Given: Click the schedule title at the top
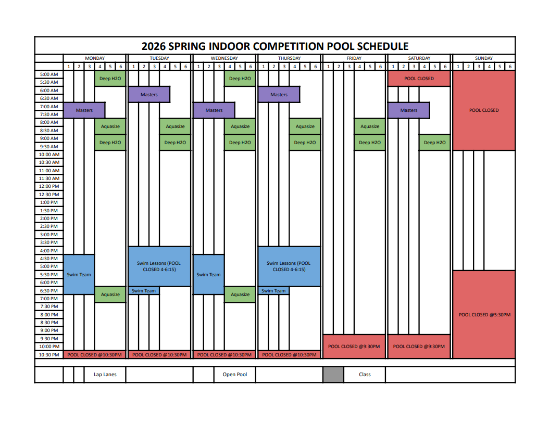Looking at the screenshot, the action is (x=275, y=46).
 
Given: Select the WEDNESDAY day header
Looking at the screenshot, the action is (x=224, y=58).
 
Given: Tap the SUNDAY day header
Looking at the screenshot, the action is (x=484, y=58).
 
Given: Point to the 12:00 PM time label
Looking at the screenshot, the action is (x=49, y=186).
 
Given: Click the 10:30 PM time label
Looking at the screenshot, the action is (x=49, y=355).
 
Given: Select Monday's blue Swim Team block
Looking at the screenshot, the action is (x=79, y=275).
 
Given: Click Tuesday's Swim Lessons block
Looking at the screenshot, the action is (x=159, y=266).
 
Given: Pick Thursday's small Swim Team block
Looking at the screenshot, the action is (x=273, y=291).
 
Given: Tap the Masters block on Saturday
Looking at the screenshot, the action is (x=408, y=110).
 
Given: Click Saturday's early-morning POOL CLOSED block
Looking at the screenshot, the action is (x=419, y=79).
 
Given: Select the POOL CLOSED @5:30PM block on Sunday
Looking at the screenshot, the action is (x=484, y=314).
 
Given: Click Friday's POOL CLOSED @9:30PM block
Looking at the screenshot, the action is (x=354, y=347).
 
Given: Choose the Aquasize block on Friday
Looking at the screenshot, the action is (x=370, y=126).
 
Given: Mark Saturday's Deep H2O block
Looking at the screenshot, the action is (x=434, y=143).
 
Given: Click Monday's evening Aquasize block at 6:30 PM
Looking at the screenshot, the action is (x=110, y=294).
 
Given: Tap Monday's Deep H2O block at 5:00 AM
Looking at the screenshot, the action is (x=110, y=79).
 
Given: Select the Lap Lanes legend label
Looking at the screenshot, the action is (x=105, y=375).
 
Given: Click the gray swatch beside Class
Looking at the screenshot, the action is (x=333, y=375).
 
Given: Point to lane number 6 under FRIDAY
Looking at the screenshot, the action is (x=380, y=67).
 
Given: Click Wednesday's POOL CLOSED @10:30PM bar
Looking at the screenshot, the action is (x=224, y=355).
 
